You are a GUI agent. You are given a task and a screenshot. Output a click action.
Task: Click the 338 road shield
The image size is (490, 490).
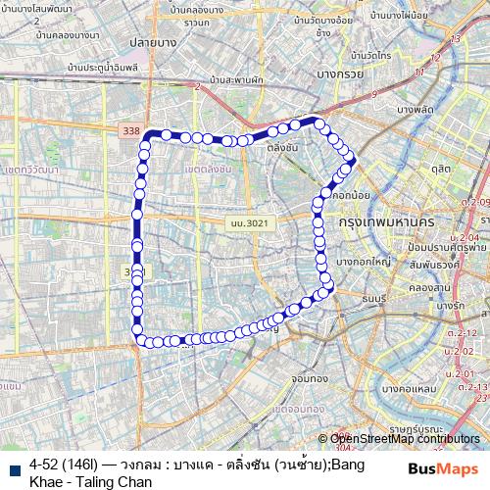(x=128, y=130)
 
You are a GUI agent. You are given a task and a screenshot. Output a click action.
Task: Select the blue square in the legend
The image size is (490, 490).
(x=13, y=468)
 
